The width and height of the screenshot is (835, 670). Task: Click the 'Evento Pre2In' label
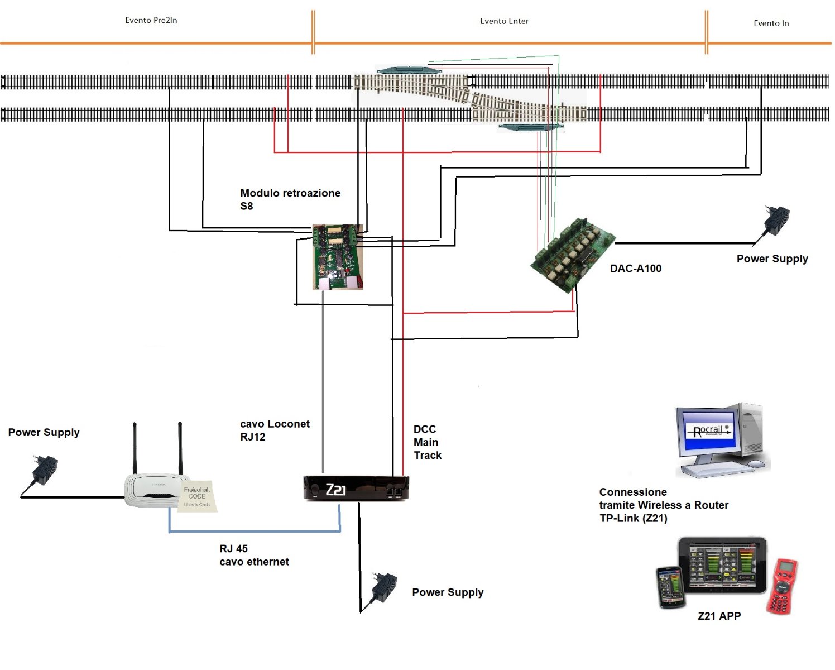tap(151, 20)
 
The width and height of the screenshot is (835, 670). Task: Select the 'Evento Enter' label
tap(504, 21)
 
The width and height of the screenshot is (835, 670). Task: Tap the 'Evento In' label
tap(771, 23)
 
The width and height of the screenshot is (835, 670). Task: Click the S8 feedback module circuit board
tap(338, 257)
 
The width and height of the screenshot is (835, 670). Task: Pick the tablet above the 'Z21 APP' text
tap(723, 566)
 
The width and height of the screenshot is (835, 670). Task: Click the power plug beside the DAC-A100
tap(776, 221)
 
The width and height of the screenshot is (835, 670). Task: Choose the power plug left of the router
tap(44, 471)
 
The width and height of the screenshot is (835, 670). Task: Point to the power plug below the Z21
tap(384, 588)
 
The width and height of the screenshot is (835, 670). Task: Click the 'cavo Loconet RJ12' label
tap(275, 430)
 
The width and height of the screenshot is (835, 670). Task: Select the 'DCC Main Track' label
tap(427, 442)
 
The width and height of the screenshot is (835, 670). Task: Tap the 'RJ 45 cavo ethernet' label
tap(254, 556)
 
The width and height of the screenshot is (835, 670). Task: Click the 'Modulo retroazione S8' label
tap(290, 199)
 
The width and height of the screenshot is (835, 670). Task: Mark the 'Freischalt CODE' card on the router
tap(198, 496)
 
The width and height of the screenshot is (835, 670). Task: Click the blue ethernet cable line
tap(255, 531)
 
